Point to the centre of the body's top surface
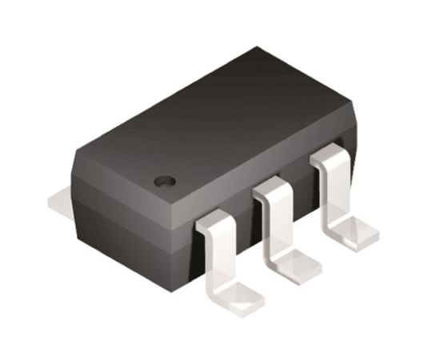pyautogui.click(x=216, y=120)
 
